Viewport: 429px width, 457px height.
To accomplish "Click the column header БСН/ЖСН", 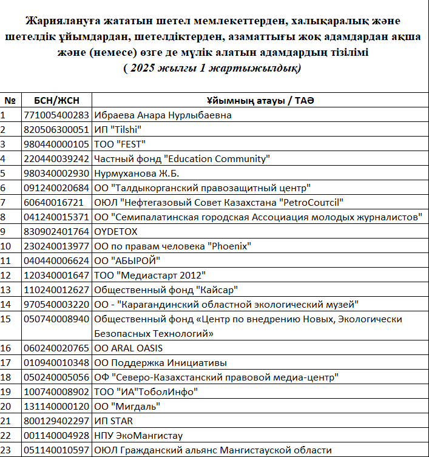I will pos(56,100).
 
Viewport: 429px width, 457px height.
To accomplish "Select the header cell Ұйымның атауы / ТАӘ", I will pos(260,100).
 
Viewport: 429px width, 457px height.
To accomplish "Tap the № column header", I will pos(10,100).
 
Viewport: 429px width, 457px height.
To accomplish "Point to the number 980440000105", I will pos(56,144).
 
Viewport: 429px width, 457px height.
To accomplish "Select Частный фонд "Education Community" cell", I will pos(181,158).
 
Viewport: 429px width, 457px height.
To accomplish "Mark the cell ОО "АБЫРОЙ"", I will pos(127,260).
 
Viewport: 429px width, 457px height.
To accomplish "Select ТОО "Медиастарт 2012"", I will pos(150,275).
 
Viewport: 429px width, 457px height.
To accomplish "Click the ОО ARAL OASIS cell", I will pos(129,348).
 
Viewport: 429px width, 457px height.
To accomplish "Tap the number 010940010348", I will pos(56,362).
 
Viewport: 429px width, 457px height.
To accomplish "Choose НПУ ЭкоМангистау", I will pos(138,435).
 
